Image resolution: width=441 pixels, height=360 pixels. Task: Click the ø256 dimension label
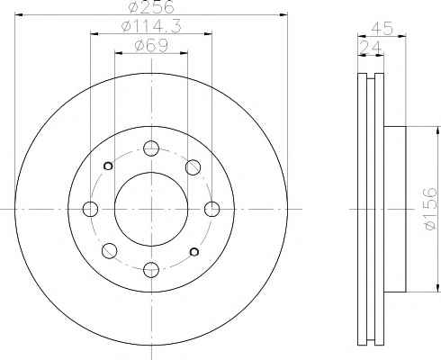point(151,7)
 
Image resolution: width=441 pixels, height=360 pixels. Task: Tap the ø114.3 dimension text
point(151,27)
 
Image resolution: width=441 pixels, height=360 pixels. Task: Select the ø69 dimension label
point(151,46)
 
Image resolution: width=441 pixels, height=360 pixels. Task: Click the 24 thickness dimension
point(370,48)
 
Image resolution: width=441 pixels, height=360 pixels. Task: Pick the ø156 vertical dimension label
point(431,209)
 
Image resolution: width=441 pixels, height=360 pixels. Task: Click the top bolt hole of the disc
point(151,148)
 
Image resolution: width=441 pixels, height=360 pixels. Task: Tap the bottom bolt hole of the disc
point(151,270)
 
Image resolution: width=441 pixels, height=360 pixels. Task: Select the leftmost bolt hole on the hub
point(90,209)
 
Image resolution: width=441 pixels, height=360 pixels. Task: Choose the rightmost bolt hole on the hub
point(211,209)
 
